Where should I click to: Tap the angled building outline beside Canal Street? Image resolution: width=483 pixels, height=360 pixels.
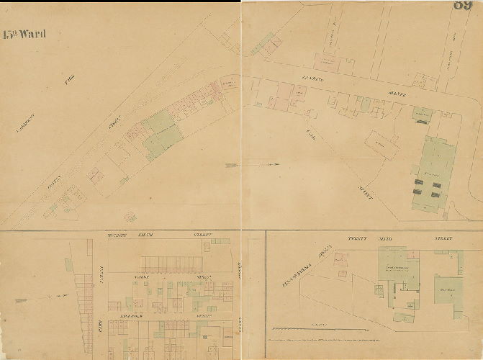[382, 145]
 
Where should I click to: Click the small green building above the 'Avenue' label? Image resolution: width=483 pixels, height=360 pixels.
[420, 112]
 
